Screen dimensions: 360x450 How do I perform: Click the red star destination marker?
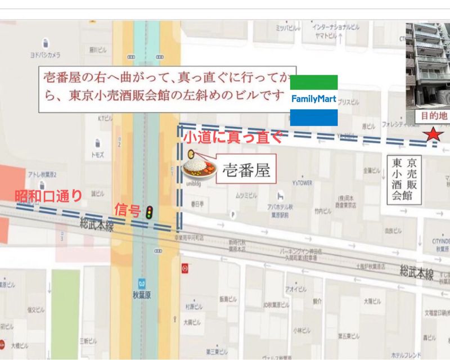(433, 134)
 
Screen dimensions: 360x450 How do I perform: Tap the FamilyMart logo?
(313, 100)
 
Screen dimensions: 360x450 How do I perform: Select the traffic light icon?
(149, 212)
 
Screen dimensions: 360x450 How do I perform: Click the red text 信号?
(127, 210)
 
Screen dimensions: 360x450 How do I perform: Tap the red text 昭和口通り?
(48, 196)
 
